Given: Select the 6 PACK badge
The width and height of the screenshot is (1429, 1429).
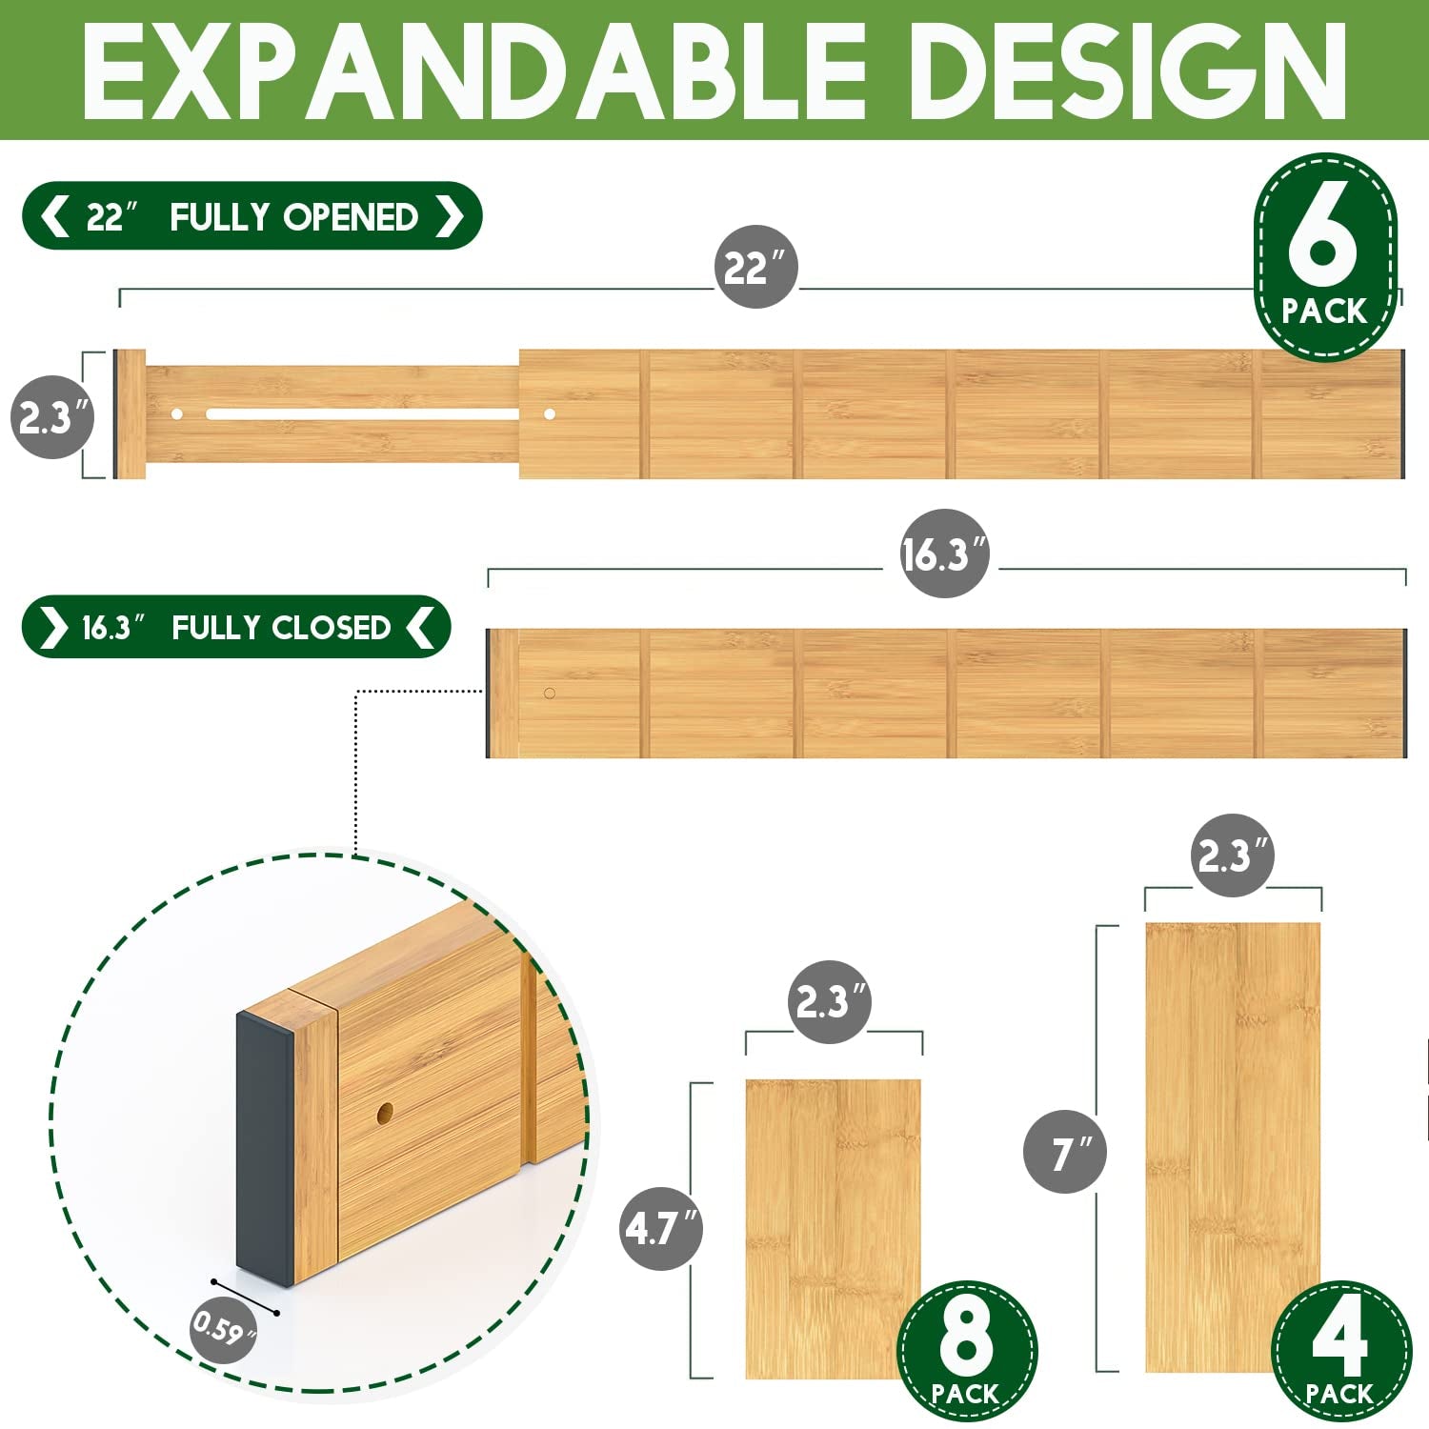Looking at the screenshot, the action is click(1325, 257).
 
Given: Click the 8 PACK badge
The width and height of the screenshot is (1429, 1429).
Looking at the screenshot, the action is click(966, 1351).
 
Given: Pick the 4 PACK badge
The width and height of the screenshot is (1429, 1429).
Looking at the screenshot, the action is click(1341, 1351).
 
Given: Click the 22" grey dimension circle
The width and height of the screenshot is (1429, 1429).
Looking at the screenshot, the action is click(756, 267).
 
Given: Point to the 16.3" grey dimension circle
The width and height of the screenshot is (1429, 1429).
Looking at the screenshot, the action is click(944, 553).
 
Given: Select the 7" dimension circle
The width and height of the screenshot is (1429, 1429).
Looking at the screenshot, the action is click(1065, 1152).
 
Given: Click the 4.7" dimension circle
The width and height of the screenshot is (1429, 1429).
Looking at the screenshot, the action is click(661, 1228).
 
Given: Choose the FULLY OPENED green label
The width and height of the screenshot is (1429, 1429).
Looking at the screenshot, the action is click(252, 216).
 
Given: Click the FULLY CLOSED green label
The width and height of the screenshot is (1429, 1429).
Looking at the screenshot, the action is click(236, 627).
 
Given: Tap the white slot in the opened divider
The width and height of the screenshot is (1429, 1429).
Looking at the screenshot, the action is click(362, 414).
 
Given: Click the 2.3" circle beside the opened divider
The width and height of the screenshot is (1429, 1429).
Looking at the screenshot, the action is click(52, 416).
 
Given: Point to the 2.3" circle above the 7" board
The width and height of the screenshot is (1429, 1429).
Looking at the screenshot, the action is click(1233, 855).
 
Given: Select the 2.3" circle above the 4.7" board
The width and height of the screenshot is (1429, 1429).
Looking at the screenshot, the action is click(830, 1001).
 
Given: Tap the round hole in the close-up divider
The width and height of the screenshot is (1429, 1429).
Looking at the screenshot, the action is click(385, 1113).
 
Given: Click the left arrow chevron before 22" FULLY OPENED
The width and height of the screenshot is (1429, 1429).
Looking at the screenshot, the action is click(55, 216).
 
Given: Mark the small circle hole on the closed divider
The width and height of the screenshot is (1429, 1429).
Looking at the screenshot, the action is click(550, 693).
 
